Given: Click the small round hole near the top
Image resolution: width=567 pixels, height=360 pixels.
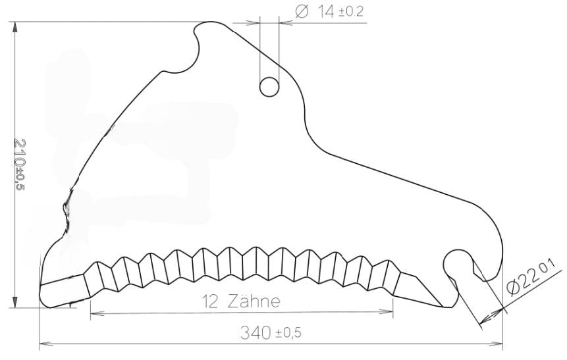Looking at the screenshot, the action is point(269,87).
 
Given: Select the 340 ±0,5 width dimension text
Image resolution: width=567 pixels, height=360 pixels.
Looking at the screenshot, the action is point(271,332).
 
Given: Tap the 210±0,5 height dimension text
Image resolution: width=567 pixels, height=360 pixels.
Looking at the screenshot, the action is point(20,165).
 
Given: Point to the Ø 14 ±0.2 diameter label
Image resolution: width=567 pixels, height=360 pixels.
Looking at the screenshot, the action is point(329,12).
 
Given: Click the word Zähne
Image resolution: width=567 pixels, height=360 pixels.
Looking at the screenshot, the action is point(254,301).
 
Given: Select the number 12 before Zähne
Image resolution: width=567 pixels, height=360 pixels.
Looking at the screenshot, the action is point(210,302).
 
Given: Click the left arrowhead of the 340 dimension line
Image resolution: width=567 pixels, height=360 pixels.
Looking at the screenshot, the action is point(45,343).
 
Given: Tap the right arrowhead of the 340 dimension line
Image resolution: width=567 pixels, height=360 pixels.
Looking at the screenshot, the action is point(496,343).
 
